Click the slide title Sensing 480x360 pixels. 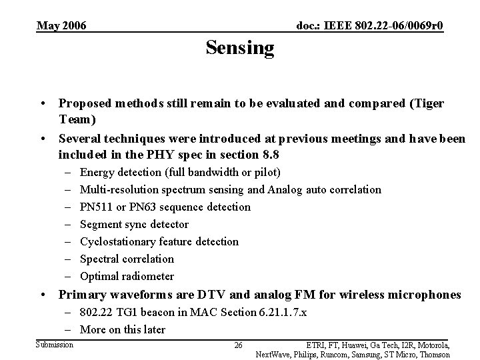click(x=240, y=48)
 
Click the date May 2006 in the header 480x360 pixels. click(x=61, y=25)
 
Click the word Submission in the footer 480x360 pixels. click(x=55, y=344)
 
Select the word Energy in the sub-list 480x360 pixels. click(x=97, y=172)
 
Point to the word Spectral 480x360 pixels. click(x=100, y=259)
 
